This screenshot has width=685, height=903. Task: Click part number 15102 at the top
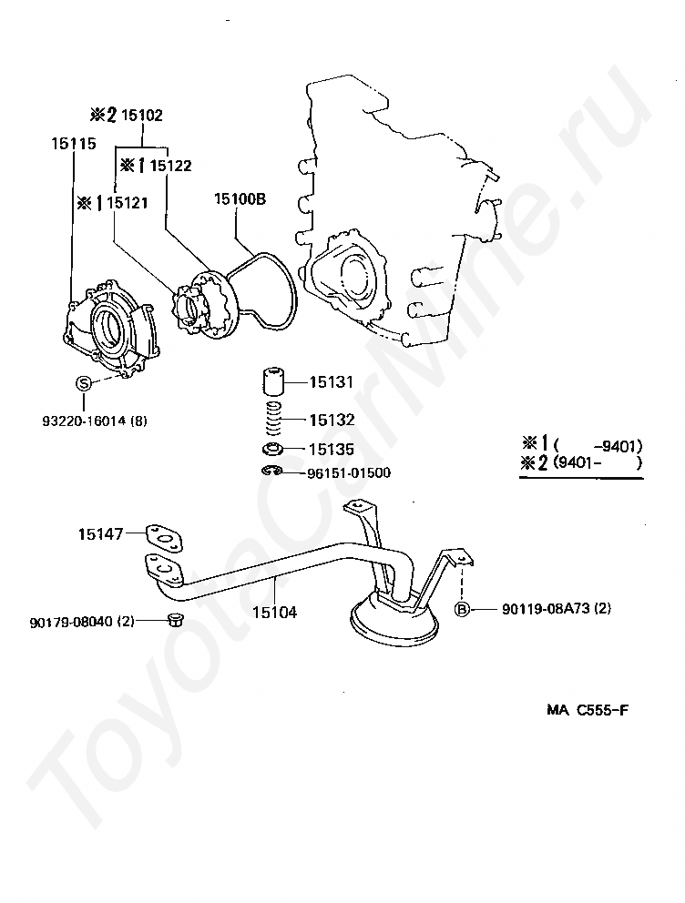pyautogui.click(x=142, y=116)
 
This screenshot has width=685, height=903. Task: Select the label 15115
pyautogui.click(x=74, y=144)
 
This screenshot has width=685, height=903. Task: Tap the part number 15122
pyautogui.click(x=170, y=166)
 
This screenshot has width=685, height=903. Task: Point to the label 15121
pyautogui.click(x=128, y=203)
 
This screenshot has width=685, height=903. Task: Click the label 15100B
pyautogui.click(x=240, y=199)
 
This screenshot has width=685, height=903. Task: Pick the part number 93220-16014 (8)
pyautogui.click(x=95, y=421)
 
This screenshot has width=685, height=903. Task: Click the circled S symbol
pyautogui.click(x=84, y=383)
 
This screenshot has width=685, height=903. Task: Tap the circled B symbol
pyautogui.click(x=462, y=609)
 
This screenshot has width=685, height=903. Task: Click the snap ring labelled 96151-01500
pyautogui.click(x=271, y=472)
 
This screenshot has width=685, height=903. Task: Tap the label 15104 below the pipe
pyautogui.click(x=275, y=613)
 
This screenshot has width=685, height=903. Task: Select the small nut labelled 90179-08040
pyautogui.click(x=173, y=620)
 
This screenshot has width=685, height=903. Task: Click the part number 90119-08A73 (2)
pyautogui.click(x=557, y=608)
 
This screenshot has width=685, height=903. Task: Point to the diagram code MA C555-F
pyautogui.click(x=588, y=709)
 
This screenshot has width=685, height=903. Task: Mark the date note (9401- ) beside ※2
pyautogui.click(x=597, y=462)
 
